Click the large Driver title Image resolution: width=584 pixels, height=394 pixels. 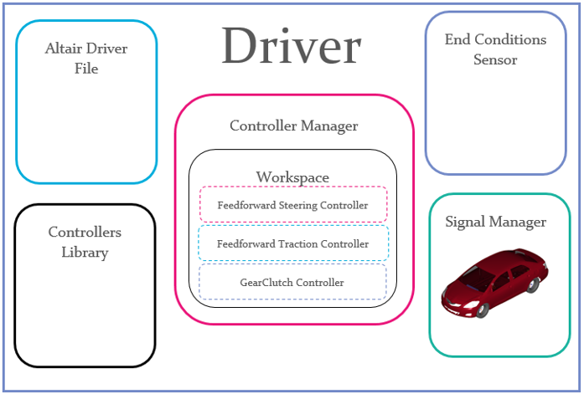(x=292, y=46)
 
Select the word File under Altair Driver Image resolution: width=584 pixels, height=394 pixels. (x=86, y=69)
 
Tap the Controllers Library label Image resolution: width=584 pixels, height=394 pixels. (x=85, y=242)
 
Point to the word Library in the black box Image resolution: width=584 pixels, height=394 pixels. (x=85, y=252)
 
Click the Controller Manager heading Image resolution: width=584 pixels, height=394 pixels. (x=293, y=126)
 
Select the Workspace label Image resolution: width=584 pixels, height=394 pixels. (x=292, y=177)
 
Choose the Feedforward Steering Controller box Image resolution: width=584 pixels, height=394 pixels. (x=292, y=205)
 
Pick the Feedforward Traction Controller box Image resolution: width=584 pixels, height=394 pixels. (x=292, y=244)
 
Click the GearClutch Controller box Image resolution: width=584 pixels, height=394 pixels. (x=292, y=283)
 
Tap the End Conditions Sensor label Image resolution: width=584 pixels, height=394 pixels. (x=495, y=49)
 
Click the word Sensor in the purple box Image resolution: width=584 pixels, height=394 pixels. (x=495, y=60)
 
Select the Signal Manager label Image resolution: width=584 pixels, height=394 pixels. (x=496, y=223)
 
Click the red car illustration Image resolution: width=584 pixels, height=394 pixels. (x=495, y=281)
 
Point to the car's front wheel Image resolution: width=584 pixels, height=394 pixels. (x=483, y=310)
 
